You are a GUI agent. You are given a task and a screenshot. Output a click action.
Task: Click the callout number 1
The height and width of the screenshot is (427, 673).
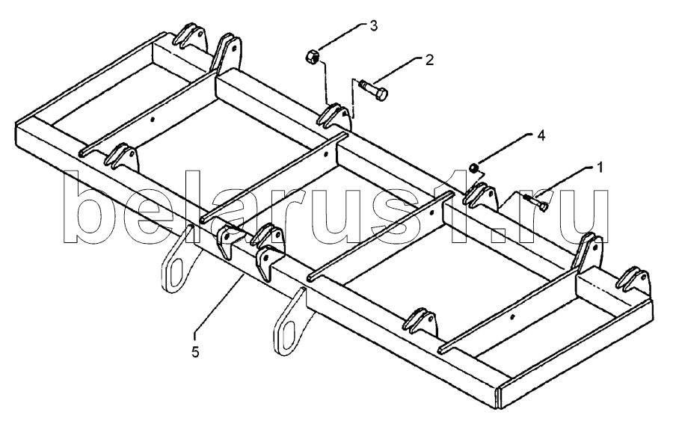pos(600,168)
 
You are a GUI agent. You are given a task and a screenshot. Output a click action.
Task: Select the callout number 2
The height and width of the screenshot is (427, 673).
pos(429,60)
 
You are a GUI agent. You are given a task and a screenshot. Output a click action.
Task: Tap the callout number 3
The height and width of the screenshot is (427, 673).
pos(374,25)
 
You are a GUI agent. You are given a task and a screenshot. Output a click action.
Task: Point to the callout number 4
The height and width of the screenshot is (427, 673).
pos(541,135)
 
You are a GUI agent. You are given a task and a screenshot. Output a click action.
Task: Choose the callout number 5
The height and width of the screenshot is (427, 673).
pos(195,352)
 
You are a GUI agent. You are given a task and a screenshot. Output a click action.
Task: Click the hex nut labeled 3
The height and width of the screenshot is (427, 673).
pos(312,57)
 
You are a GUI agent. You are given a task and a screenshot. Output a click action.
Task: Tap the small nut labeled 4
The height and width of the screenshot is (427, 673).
pos(474,168)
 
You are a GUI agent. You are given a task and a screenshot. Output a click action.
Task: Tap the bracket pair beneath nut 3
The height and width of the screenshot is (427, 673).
pos(336,116)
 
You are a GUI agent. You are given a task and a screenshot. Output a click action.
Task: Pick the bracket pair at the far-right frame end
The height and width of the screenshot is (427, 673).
pos(634,280)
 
